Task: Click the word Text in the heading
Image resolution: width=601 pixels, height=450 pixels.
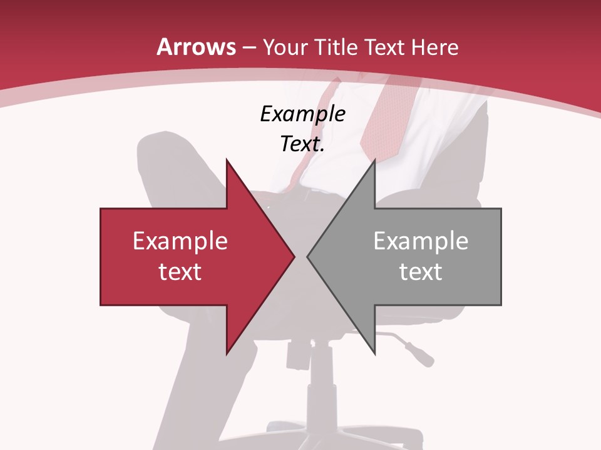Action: [x=384, y=47]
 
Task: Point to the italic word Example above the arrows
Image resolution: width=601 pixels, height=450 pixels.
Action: [x=302, y=114]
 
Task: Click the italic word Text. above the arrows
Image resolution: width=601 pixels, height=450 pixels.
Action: [x=302, y=144]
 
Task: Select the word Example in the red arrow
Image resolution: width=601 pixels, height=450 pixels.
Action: [x=180, y=241]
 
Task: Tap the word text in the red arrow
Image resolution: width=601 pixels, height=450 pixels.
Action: [x=180, y=271]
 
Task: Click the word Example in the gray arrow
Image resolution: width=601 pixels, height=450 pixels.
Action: [x=421, y=241]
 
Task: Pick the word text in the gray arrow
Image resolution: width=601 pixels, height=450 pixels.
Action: [x=421, y=271]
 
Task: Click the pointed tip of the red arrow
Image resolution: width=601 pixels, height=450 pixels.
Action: [x=294, y=257]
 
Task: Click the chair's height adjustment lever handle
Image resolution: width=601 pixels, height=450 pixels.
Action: [x=420, y=354]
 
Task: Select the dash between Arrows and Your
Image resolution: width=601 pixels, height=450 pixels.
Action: [x=249, y=47]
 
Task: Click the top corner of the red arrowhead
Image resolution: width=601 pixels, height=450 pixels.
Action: [x=227, y=160]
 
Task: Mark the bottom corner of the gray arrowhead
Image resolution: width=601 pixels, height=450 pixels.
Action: [x=374, y=354]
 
